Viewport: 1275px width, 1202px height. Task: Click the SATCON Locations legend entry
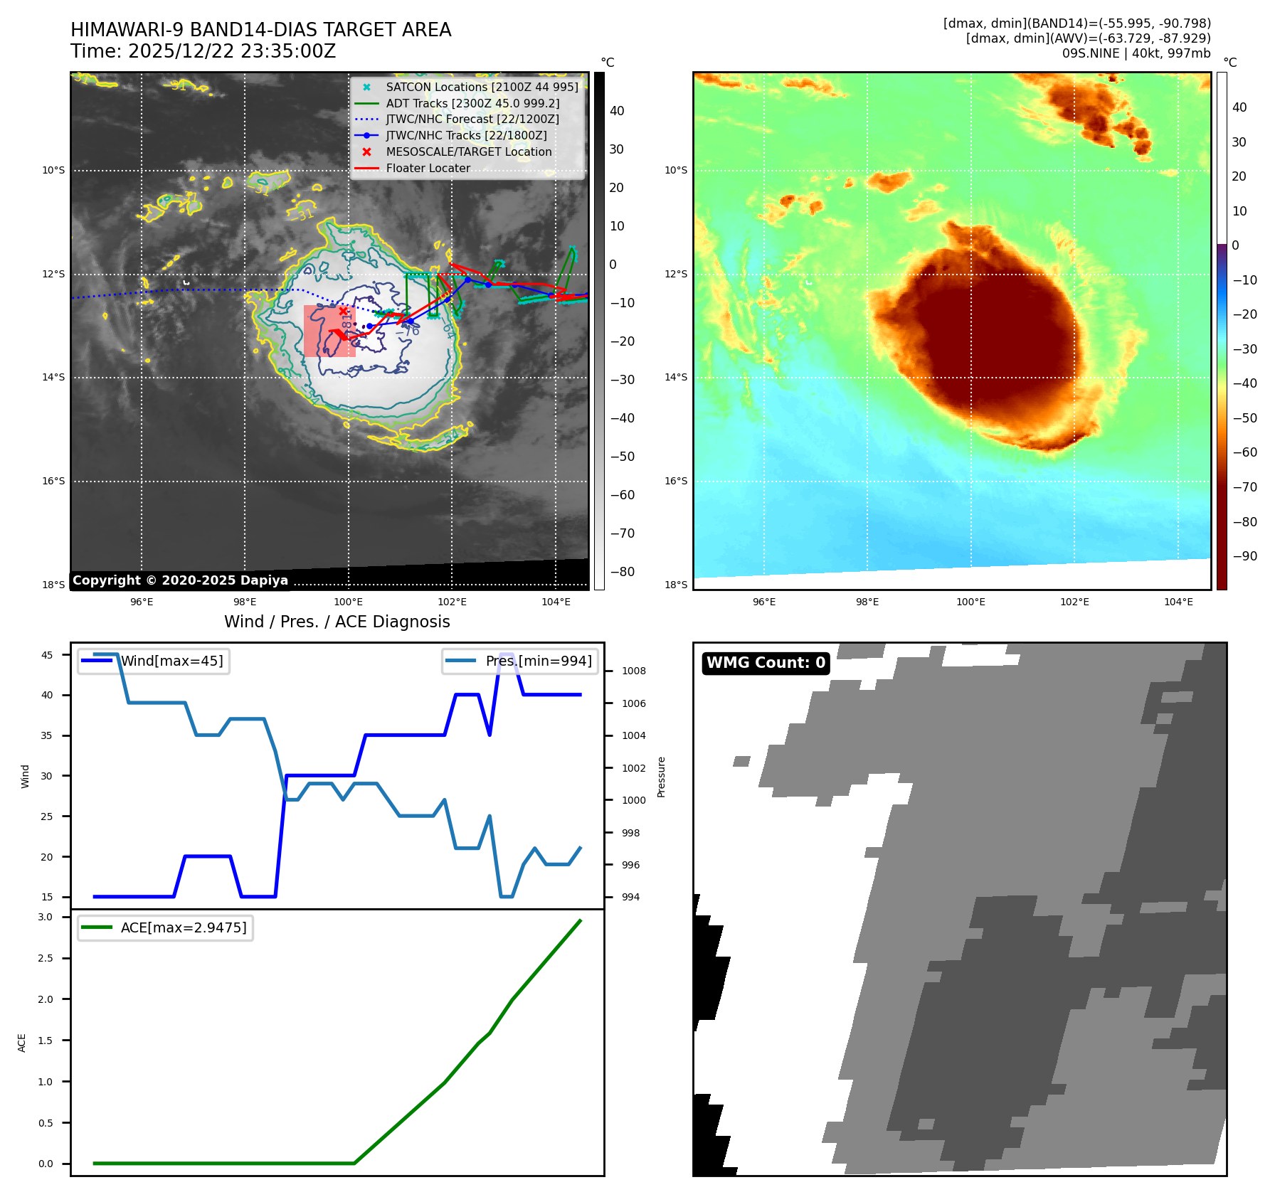(x=482, y=87)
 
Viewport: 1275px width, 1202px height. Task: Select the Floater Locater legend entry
(x=428, y=169)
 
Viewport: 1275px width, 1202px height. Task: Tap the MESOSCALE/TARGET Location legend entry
(x=468, y=152)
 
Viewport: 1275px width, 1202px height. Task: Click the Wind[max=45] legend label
(x=171, y=661)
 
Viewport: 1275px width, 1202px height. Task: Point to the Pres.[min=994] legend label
(x=539, y=661)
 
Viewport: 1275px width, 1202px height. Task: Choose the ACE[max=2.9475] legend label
(x=184, y=928)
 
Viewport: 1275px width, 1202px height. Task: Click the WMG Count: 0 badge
(x=766, y=663)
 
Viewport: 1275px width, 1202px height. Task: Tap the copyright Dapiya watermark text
(x=180, y=580)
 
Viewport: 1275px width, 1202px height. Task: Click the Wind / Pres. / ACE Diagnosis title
(x=337, y=622)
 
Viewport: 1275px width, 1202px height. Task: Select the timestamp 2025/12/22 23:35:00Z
(x=232, y=52)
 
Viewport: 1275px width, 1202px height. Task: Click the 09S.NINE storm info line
(x=1136, y=53)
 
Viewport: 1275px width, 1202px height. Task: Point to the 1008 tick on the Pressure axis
(x=633, y=671)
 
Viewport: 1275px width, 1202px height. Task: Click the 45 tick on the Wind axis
(x=47, y=655)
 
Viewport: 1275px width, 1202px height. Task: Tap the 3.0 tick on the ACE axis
(x=46, y=918)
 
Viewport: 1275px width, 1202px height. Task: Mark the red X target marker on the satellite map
(x=344, y=311)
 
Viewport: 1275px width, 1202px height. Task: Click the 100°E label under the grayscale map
(x=349, y=602)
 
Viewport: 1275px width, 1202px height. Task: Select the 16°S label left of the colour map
(x=676, y=482)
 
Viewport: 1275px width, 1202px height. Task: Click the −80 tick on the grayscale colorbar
(x=622, y=572)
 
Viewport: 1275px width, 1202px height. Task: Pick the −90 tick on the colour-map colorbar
(x=1244, y=556)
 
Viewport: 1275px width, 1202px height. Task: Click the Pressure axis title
(x=662, y=777)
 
